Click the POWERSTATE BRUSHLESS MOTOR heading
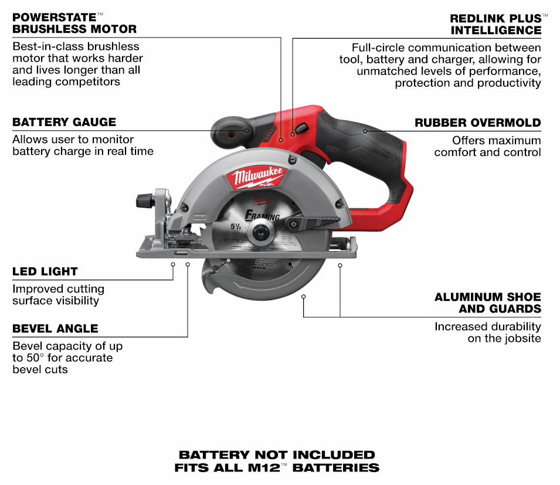(x=74, y=23)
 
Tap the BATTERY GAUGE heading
(x=65, y=122)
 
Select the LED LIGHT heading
(x=45, y=272)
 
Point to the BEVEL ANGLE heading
(x=55, y=328)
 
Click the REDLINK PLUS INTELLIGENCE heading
(x=495, y=24)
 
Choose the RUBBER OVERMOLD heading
(x=478, y=123)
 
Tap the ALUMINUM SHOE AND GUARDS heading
(x=488, y=303)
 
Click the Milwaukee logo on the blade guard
(x=256, y=177)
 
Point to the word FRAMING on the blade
(x=262, y=215)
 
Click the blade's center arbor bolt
(x=259, y=232)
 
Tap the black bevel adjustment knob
(x=145, y=201)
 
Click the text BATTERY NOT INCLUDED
(x=277, y=455)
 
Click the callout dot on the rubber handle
(x=365, y=131)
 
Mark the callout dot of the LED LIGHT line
(x=173, y=264)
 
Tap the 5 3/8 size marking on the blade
(x=236, y=226)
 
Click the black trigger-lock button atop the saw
(x=301, y=128)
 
